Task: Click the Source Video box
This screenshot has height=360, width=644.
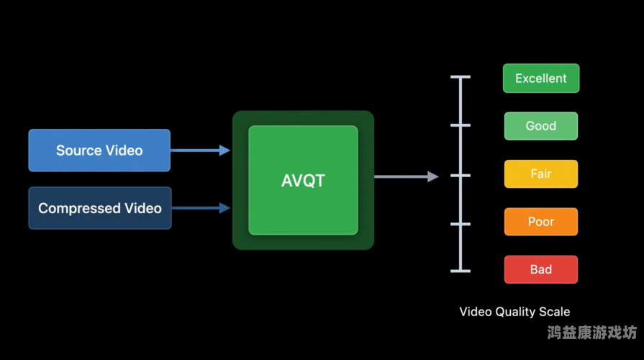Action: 99,150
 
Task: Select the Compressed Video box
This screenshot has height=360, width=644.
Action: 100,208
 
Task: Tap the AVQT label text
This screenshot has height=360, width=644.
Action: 303,180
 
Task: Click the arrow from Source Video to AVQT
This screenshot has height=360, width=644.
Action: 200,150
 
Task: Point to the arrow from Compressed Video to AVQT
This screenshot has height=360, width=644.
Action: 201,208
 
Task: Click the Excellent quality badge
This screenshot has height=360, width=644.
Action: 541,78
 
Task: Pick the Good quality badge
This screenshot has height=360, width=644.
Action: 541,126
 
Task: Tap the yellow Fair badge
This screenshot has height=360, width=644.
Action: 541,174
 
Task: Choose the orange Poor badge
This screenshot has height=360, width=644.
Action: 541,222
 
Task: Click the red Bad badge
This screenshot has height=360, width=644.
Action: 541,269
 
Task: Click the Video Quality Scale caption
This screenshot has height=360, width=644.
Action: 514,312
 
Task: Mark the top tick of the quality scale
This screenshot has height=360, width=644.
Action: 461,76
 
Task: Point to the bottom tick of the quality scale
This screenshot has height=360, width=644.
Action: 461,271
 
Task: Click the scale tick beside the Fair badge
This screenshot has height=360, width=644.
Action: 461,175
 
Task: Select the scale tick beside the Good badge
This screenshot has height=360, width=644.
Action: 461,125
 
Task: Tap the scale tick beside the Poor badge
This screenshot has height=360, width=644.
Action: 461,224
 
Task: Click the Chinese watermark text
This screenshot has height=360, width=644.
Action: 591,333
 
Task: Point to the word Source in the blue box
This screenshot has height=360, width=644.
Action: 79,150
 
